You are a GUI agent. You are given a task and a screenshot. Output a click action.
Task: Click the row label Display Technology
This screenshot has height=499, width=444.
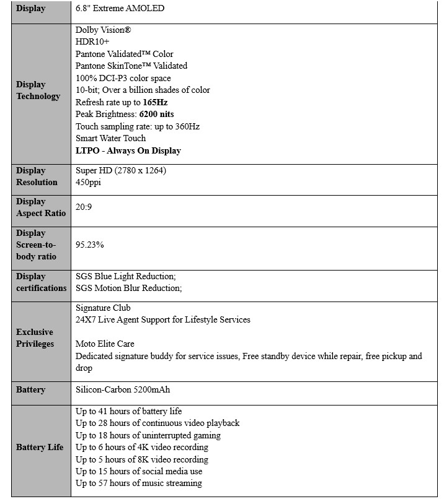pyautogui.click(x=38, y=90)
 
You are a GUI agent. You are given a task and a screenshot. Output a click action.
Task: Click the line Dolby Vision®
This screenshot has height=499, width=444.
pyautogui.click(x=103, y=30)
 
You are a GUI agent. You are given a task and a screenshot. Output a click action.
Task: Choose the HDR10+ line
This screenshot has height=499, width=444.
pyautogui.click(x=92, y=41)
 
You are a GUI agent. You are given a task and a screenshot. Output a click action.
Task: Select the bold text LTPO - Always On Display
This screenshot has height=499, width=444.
pyautogui.click(x=128, y=150)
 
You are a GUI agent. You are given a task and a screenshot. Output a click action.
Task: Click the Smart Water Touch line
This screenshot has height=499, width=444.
pyautogui.click(x=111, y=138)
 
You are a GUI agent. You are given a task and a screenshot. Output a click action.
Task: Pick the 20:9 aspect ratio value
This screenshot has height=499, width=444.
pyautogui.click(x=84, y=207)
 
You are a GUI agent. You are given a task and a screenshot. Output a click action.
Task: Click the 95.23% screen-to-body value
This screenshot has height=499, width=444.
pyautogui.click(x=90, y=245)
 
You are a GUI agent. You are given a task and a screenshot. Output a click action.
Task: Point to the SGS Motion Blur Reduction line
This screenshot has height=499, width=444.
pyautogui.click(x=128, y=288)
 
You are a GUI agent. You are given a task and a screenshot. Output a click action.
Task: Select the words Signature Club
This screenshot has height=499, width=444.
pyautogui.click(x=103, y=308)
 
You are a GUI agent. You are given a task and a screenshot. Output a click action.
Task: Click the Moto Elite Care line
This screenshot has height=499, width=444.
pyautogui.click(x=105, y=344)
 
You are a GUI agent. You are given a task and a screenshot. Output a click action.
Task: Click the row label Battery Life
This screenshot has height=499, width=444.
pyautogui.click(x=40, y=447)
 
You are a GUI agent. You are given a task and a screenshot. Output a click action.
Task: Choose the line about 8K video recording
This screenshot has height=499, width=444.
pyautogui.click(x=142, y=459)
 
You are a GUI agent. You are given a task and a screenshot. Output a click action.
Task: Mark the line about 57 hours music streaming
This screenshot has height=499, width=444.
pyautogui.click(x=139, y=483)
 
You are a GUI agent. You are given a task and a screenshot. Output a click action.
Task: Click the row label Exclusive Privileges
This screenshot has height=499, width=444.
pyautogui.click(x=35, y=338)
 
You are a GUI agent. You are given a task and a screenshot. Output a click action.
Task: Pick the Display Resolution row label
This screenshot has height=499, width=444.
pyautogui.click(x=37, y=176)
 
